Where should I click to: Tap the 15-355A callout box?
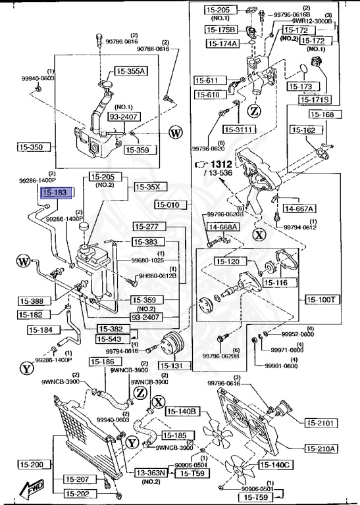pyautogui.click(x=132, y=71)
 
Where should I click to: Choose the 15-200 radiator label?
pyautogui.click(x=31, y=465)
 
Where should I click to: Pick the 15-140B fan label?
pyautogui.click(x=182, y=412)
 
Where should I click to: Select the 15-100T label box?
pyautogui.click(x=322, y=299)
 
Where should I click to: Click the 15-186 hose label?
pyautogui.click(x=102, y=362)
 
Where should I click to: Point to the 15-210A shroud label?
pyautogui.click(x=321, y=449)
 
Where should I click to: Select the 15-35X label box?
pyautogui.click(x=147, y=187)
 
